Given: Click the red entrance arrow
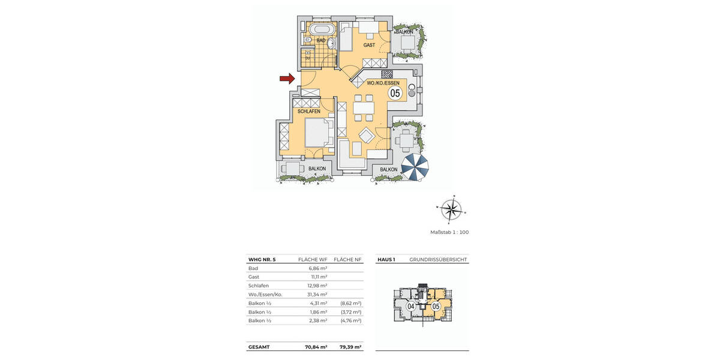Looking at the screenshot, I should [287, 78].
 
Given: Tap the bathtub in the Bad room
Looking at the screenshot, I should [323, 29].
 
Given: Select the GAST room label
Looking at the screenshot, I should [369, 46].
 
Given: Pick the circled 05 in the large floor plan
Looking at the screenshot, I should [395, 93].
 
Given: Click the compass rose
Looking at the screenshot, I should [451, 209].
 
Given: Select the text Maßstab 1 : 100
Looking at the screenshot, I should [449, 232].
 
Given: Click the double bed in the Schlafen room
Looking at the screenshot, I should [317, 133].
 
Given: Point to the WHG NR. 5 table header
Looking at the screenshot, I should [262, 260].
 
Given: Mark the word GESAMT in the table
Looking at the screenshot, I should [259, 347].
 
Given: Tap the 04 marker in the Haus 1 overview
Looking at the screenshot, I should [411, 307].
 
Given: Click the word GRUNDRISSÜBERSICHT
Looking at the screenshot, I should [438, 260].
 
